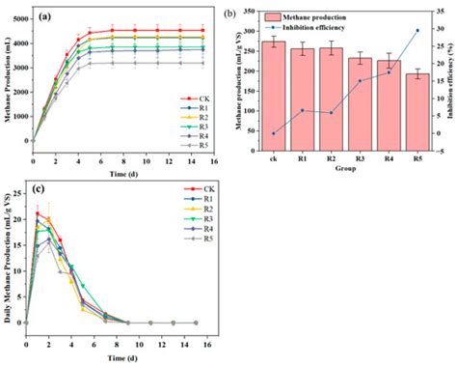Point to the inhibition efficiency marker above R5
pyautogui.click(x=417, y=30)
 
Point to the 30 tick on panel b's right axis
pyautogui.click(x=442, y=29)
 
